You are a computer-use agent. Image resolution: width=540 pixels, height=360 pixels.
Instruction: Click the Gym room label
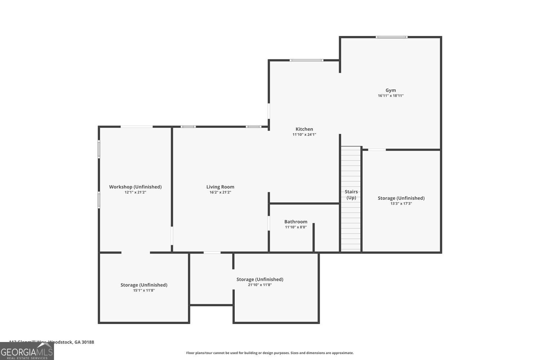(x=391, y=90)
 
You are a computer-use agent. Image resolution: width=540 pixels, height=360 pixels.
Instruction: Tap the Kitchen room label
(x=304, y=129)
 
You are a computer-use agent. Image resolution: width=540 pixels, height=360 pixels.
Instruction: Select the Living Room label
(x=220, y=187)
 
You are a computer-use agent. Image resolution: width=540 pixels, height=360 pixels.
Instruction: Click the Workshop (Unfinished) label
(x=135, y=187)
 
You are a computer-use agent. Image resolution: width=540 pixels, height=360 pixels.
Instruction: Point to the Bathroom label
(x=296, y=222)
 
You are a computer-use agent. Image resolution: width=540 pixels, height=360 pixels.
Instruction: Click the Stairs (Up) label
(x=351, y=194)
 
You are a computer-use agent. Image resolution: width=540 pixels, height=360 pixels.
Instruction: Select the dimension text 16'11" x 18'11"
(x=391, y=96)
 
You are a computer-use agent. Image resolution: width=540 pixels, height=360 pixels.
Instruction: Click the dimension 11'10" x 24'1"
(x=304, y=135)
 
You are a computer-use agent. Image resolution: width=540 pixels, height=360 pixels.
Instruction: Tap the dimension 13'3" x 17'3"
(x=401, y=204)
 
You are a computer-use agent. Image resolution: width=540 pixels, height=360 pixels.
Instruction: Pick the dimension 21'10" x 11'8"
(x=260, y=285)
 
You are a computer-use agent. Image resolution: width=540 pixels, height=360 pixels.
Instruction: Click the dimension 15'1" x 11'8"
(x=144, y=291)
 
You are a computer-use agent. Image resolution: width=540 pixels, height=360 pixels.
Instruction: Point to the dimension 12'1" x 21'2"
(x=135, y=192)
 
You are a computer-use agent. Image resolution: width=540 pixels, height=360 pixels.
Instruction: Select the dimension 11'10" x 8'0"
(x=296, y=227)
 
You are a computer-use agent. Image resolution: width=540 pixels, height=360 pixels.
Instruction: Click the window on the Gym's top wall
(x=392, y=37)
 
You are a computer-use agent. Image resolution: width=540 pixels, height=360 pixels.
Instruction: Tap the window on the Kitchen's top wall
(x=306, y=60)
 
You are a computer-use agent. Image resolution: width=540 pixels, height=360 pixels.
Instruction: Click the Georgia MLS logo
(x=27, y=351)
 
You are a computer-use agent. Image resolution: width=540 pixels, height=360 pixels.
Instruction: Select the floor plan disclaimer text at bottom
(x=270, y=353)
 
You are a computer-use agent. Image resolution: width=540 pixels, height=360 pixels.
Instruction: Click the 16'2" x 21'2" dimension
(x=220, y=192)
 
